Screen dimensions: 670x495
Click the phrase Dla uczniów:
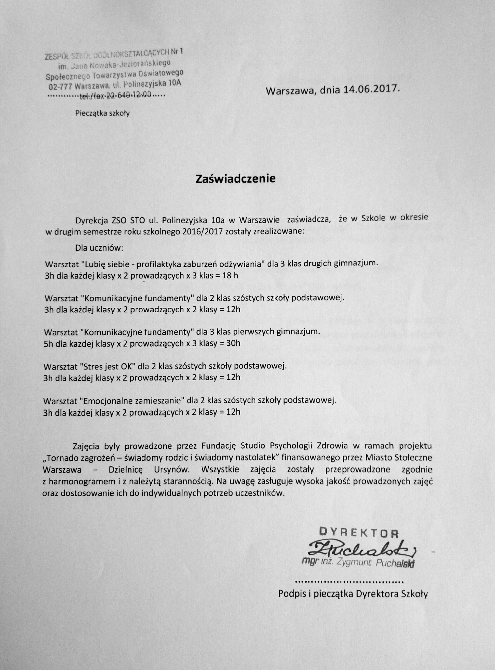click(99, 248)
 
